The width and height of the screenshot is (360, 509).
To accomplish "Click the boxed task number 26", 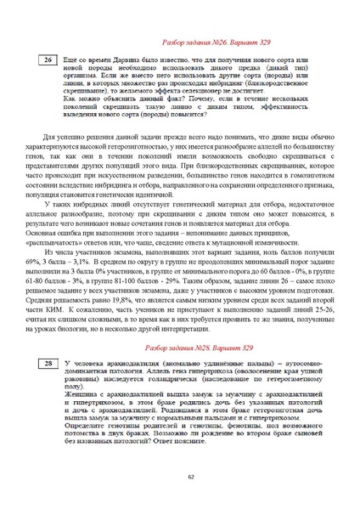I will [x=48, y=61].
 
